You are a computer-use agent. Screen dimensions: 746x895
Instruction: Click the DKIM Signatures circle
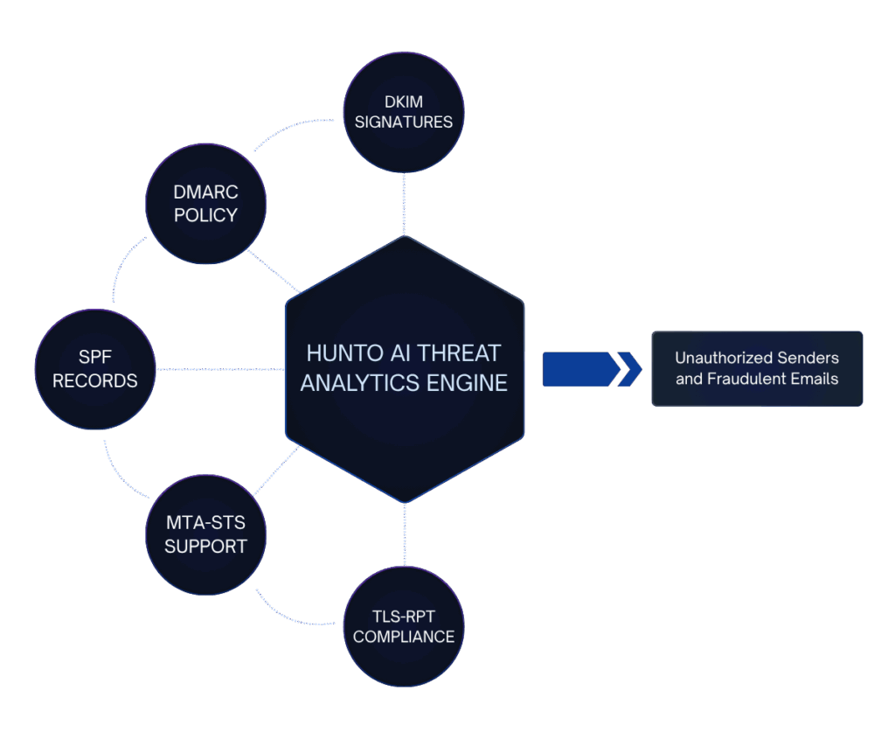(x=404, y=111)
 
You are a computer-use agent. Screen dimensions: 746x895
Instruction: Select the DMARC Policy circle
(x=205, y=204)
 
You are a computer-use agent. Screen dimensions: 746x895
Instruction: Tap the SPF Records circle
(x=95, y=369)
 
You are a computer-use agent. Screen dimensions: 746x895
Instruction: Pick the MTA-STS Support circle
(x=205, y=534)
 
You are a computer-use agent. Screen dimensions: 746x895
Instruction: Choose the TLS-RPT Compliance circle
(x=404, y=626)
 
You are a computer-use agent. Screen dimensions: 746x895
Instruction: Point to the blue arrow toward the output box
(x=591, y=368)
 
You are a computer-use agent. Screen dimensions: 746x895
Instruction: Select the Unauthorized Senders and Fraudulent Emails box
(x=757, y=368)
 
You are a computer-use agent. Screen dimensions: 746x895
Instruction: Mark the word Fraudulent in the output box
(x=763, y=379)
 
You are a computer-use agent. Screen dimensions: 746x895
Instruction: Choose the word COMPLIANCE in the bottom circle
(x=404, y=637)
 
